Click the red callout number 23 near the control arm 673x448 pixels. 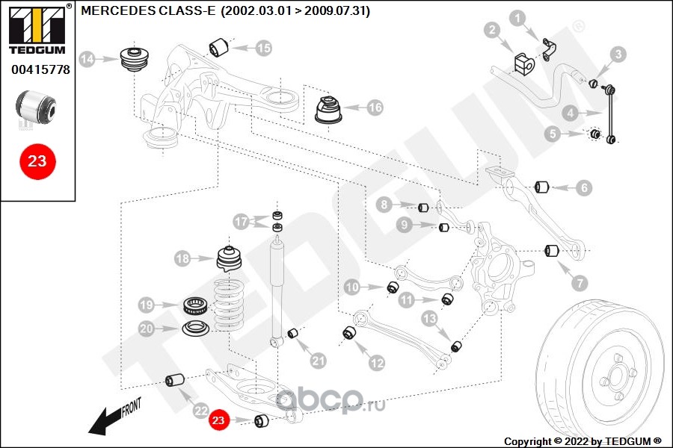pyautogui.click(x=218, y=421)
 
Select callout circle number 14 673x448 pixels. pyautogui.click(x=87, y=58)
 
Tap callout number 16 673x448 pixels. pyautogui.click(x=375, y=108)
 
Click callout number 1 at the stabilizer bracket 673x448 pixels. pyautogui.click(x=518, y=17)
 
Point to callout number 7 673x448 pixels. pyautogui.click(x=580, y=283)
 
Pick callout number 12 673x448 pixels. pyautogui.click(x=376, y=363)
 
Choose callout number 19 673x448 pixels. pyautogui.click(x=147, y=305)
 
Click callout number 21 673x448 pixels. pyautogui.click(x=319, y=361)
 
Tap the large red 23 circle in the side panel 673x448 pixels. pyautogui.click(x=37, y=161)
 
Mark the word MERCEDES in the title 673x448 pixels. pyautogui.click(x=109, y=12)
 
